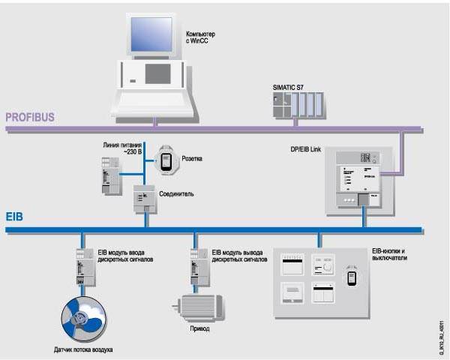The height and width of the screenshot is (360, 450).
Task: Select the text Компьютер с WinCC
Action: (x=202, y=37)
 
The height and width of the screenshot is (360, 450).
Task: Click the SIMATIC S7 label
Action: (x=289, y=87)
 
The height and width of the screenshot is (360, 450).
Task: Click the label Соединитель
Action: (x=178, y=193)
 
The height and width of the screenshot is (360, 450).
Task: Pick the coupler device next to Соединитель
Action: (x=144, y=199)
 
